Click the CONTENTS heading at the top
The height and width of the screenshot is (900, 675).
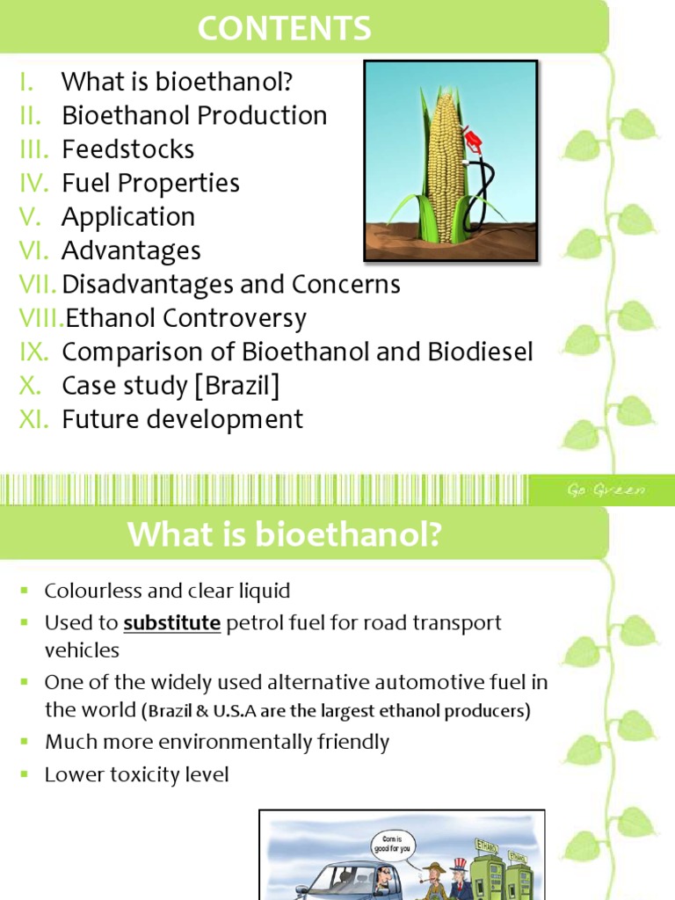click(x=284, y=28)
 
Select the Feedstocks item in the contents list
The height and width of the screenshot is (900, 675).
click(x=127, y=149)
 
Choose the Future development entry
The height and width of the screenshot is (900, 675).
click(x=182, y=419)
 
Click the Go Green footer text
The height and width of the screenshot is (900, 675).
click(x=606, y=490)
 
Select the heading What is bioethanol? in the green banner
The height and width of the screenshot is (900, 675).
click(x=283, y=534)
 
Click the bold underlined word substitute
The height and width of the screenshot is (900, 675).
click(x=171, y=623)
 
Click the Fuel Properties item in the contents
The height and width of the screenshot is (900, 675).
click(x=150, y=184)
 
